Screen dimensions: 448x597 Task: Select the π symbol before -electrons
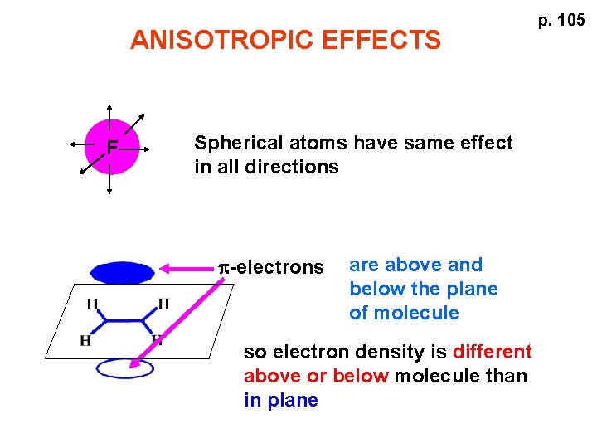click(224, 267)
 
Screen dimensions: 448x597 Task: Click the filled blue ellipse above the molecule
click(123, 272)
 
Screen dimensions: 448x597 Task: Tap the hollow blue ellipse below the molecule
click(124, 368)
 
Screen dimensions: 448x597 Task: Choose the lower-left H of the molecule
click(85, 340)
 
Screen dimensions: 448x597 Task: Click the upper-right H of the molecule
click(163, 304)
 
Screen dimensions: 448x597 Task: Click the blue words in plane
click(281, 400)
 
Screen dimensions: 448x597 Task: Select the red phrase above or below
click(316, 376)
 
